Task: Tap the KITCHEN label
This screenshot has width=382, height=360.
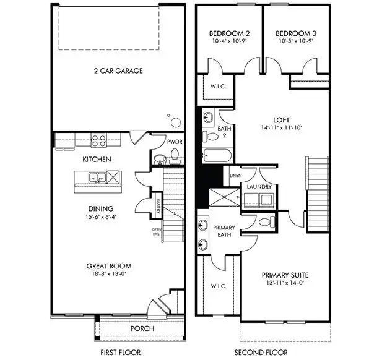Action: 97,160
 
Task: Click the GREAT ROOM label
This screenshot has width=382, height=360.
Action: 109,266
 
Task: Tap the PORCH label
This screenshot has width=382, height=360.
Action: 142,328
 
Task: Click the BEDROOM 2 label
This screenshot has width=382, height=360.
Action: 225,33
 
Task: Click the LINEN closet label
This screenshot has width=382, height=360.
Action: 235,175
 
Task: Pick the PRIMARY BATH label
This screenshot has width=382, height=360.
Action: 224,231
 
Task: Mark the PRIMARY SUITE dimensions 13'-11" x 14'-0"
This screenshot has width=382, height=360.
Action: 285,283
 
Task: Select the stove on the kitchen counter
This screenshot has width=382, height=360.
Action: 98,139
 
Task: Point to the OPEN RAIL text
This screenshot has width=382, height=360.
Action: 157,233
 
